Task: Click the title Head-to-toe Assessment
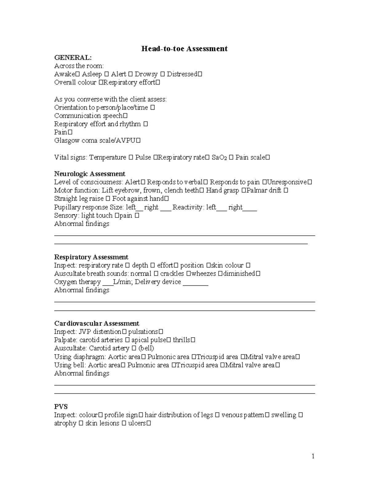184,49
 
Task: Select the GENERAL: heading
73,57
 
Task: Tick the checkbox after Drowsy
162,74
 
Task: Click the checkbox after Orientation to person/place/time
153,108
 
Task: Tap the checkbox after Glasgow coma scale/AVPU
138,141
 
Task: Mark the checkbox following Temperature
130,158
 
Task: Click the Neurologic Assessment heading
89,174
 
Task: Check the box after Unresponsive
310,182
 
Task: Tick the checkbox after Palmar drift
286,190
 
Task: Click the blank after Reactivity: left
222,208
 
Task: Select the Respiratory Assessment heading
91,257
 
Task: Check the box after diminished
258,274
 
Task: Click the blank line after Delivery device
196,283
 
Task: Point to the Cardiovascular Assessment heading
97,323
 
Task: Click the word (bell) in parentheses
146,348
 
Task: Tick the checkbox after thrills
193,340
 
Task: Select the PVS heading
61,406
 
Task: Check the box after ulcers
149,423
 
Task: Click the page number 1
313,456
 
